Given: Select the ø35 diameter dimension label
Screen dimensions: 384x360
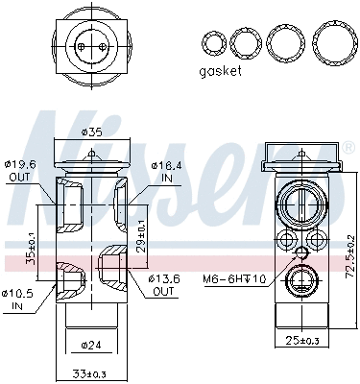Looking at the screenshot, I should [92, 132].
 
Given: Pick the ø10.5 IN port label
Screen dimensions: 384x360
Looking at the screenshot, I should [17, 300].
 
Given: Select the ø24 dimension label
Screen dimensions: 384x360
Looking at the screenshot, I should [92, 343].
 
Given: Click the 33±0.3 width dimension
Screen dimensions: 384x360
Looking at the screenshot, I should [92, 373].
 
